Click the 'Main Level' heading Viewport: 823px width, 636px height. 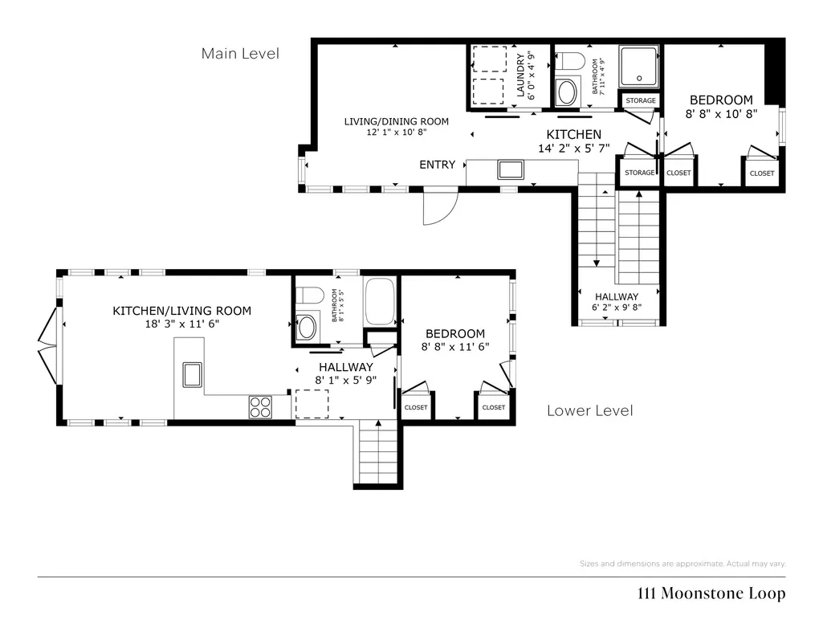click(x=240, y=54)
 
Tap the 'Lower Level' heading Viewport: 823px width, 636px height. click(x=590, y=410)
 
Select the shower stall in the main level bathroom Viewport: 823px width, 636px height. click(x=638, y=66)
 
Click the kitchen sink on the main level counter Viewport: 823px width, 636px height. click(x=511, y=169)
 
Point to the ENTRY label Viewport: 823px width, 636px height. click(x=438, y=165)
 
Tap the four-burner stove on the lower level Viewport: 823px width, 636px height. click(x=260, y=406)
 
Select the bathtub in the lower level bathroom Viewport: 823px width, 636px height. click(x=380, y=301)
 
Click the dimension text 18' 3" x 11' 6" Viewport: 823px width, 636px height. click(x=182, y=324)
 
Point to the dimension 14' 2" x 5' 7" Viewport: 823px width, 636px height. click(x=573, y=149)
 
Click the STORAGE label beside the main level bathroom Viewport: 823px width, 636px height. click(x=641, y=100)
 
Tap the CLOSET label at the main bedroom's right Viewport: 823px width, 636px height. click(x=762, y=173)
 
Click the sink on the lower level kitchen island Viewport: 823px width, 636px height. click(x=192, y=375)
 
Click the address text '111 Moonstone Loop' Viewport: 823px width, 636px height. click(x=711, y=593)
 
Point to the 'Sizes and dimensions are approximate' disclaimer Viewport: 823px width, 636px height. click(x=682, y=564)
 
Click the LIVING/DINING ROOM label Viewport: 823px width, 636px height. click(x=397, y=122)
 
